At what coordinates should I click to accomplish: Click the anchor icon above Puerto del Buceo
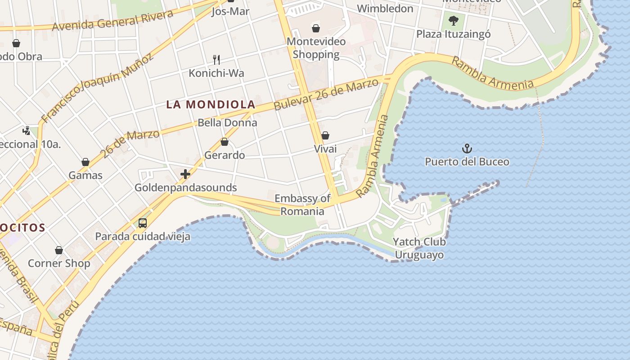(x=467, y=148)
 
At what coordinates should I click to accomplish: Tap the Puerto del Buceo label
(x=467, y=162)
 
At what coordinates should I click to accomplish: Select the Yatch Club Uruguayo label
(x=419, y=248)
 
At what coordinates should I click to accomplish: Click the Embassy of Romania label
(x=302, y=205)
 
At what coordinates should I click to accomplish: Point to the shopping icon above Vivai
(x=325, y=135)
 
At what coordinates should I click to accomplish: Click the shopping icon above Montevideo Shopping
(x=316, y=28)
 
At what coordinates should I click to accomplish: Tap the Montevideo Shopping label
(x=316, y=48)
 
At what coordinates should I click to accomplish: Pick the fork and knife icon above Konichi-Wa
(x=216, y=59)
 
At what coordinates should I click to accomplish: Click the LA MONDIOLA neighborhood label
(x=211, y=105)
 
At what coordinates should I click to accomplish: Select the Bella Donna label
(x=227, y=123)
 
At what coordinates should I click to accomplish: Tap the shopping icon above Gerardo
(x=225, y=142)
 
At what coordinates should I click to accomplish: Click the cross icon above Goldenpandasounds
(x=185, y=174)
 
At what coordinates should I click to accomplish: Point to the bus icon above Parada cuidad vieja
(x=143, y=223)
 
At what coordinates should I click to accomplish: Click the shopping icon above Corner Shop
(x=59, y=250)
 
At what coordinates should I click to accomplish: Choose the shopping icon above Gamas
(x=85, y=162)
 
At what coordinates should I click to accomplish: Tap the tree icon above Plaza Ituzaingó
(x=453, y=20)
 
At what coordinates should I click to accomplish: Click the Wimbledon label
(x=385, y=9)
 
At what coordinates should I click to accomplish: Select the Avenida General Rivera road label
(x=112, y=21)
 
